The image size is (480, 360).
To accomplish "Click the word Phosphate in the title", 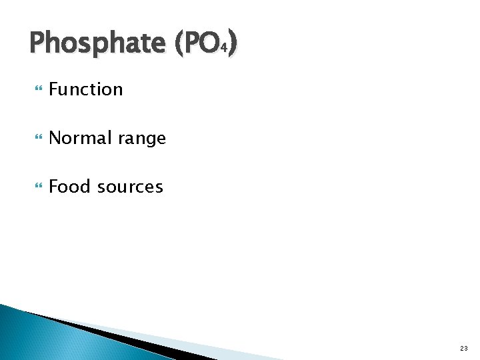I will [x=97, y=44].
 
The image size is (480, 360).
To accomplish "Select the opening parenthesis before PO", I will [x=179, y=44].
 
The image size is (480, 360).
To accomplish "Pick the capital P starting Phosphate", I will [x=37, y=43].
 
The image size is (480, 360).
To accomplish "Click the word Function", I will [x=86, y=89].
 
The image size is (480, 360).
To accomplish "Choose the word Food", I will [x=70, y=187].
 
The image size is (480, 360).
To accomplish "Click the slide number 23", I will [x=464, y=349].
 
